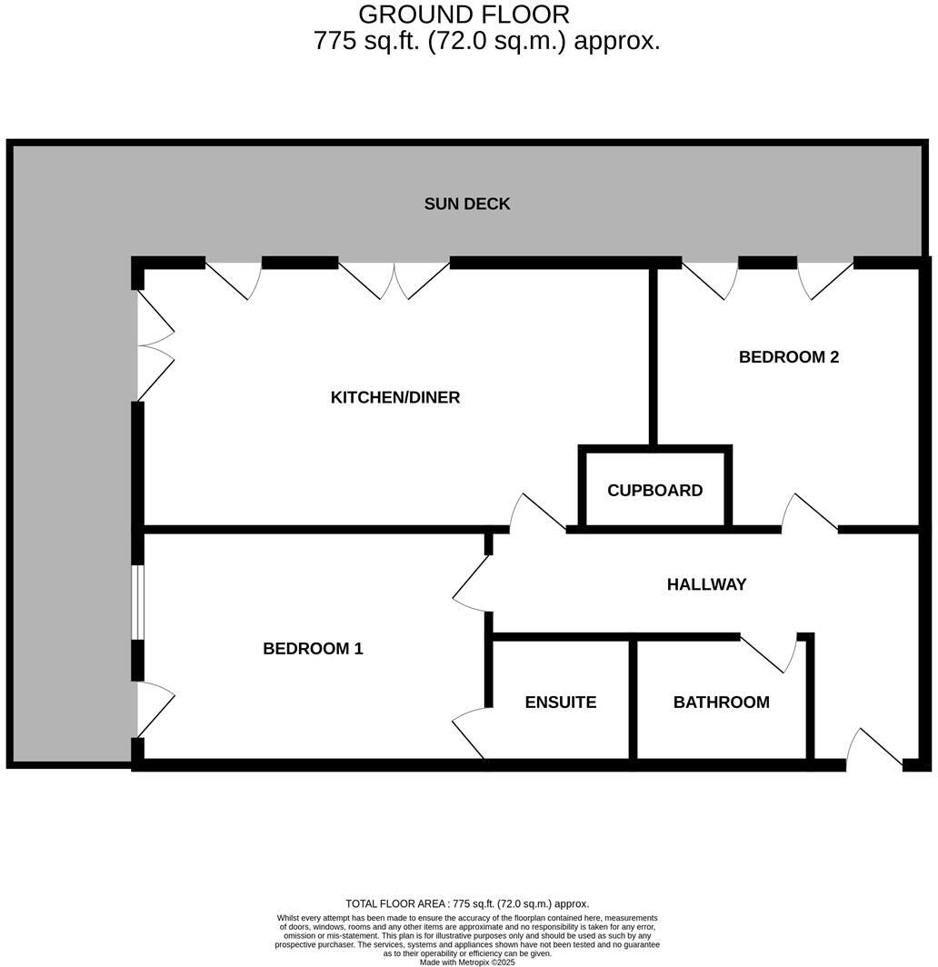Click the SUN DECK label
click(467, 204)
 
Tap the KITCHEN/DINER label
click(395, 397)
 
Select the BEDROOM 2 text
click(788, 357)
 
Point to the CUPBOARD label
click(654, 491)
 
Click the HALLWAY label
click(706, 584)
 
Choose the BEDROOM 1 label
click(313, 649)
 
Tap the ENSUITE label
click(560, 703)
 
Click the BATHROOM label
click(721, 703)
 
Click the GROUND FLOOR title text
click(464, 15)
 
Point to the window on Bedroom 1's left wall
click(136, 603)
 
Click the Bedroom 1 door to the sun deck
click(154, 710)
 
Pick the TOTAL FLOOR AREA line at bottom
click(467, 903)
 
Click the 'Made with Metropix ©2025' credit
click(467, 962)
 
